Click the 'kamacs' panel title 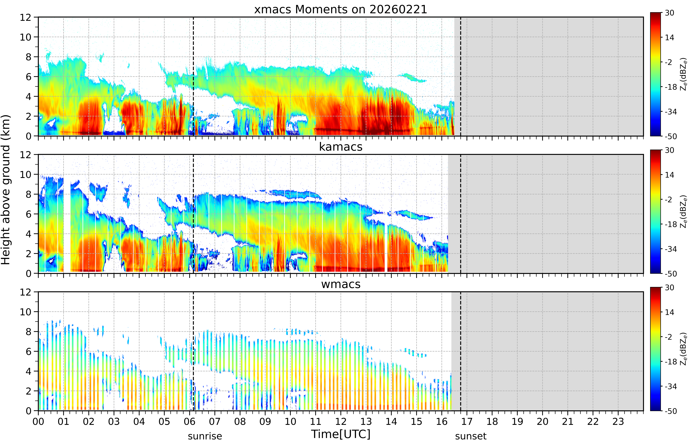click(341, 147)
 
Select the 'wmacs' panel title click(341, 284)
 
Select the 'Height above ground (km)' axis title click(6, 190)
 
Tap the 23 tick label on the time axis click(618, 421)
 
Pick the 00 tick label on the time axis click(38, 421)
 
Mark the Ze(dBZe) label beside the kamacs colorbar click(684, 211)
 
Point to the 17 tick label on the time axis click(467, 421)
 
